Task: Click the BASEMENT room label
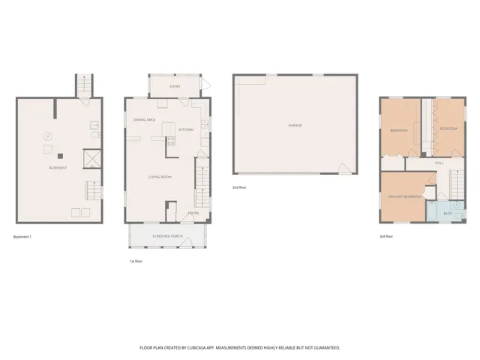[x=58, y=167]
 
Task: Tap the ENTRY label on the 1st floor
[x=175, y=87]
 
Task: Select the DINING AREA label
[x=144, y=120]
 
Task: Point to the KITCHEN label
[x=186, y=130]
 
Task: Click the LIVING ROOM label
[x=160, y=177]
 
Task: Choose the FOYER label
[x=193, y=212]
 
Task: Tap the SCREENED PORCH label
[x=168, y=236]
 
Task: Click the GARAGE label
[x=295, y=125]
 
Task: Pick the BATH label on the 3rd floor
[x=448, y=214]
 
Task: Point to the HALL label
[x=439, y=162]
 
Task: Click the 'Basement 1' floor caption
[x=22, y=237]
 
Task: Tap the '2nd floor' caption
[x=240, y=187]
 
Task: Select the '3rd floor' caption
[x=387, y=237]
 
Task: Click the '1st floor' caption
[x=135, y=262]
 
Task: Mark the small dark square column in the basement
[x=63, y=156]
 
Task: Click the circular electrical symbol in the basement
[x=47, y=136]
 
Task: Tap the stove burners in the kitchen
[x=170, y=139]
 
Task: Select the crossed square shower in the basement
[x=92, y=158]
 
